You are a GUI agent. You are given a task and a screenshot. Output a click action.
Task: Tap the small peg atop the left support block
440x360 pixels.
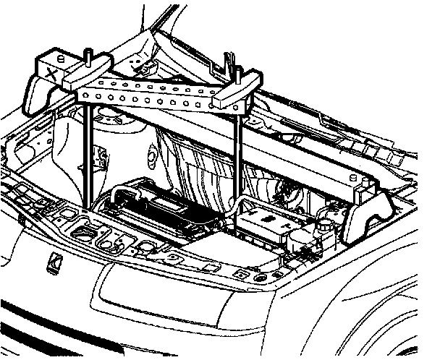(x=60, y=52)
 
